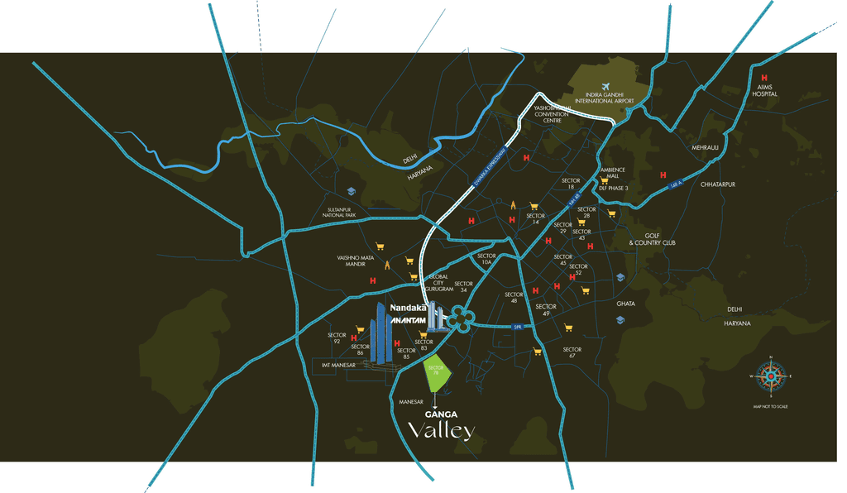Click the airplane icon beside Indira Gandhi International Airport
(x=605, y=88)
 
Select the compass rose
(x=770, y=377)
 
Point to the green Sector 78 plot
(x=438, y=374)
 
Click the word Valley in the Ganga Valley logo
(x=442, y=430)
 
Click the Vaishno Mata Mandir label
(x=357, y=261)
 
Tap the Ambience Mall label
(x=612, y=173)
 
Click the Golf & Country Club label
(x=652, y=239)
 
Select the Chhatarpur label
(x=717, y=184)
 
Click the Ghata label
(x=625, y=304)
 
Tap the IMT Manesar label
(x=338, y=364)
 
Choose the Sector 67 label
(x=572, y=353)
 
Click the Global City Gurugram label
(x=438, y=283)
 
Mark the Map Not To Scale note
(x=770, y=407)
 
